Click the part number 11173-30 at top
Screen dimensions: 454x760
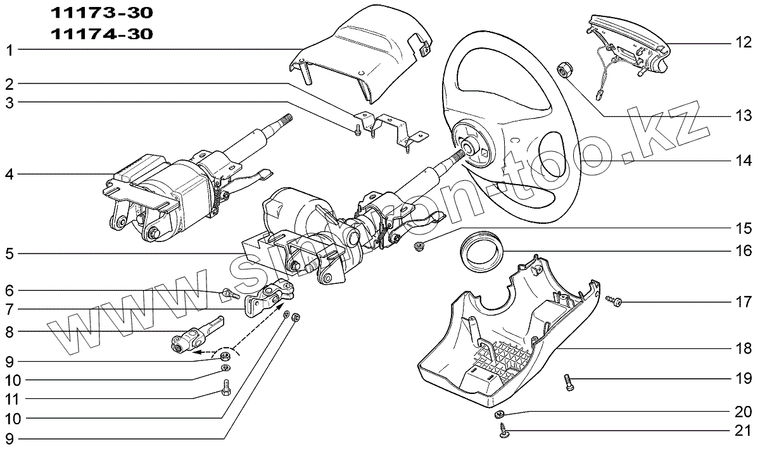click(101, 13)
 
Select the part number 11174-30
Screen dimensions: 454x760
click(101, 34)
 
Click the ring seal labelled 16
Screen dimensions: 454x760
click(481, 251)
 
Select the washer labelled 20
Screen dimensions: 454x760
click(499, 414)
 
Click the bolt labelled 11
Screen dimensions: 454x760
click(226, 386)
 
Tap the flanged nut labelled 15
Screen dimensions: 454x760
click(418, 245)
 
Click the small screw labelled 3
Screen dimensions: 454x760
click(358, 129)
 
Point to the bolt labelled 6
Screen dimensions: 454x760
click(229, 293)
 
